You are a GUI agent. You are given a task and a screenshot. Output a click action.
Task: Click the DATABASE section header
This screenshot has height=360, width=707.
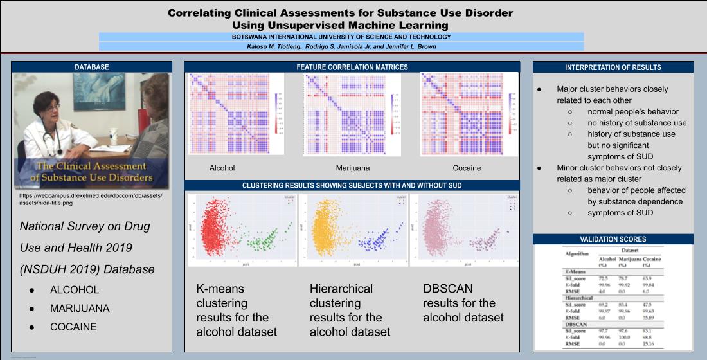(92, 67)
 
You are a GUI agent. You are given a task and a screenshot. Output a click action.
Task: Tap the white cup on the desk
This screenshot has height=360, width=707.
(113, 136)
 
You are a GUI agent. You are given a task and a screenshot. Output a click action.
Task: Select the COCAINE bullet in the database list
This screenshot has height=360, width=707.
(73, 327)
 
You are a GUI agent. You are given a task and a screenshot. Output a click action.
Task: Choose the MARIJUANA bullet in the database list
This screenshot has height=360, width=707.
(80, 309)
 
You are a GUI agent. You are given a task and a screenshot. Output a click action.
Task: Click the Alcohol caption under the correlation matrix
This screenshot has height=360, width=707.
(222, 168)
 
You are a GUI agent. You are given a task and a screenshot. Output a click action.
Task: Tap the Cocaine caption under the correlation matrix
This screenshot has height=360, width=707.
(466, 168)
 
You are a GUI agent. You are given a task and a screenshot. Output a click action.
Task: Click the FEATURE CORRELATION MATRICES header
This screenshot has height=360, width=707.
(352, 67)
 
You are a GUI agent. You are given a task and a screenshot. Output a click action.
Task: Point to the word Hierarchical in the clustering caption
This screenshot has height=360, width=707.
(341, 289)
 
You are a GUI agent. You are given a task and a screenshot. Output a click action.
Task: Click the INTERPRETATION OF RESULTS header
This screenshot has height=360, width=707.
(613, 67)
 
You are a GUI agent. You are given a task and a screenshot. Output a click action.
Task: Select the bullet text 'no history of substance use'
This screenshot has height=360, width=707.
(636, 123)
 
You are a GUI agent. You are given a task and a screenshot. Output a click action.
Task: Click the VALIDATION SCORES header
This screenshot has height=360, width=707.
(613, 239)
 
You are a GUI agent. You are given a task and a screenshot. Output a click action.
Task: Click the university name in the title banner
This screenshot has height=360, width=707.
(341, 37)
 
